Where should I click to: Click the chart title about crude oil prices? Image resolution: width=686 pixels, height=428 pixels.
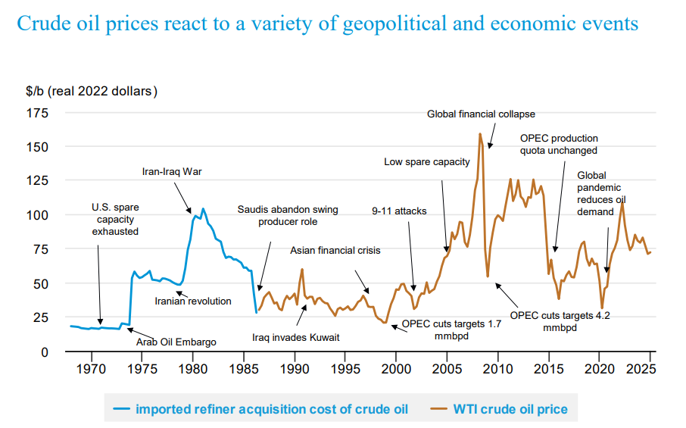point(327,23)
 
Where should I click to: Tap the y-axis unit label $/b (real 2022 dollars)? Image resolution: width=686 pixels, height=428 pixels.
point(92,91)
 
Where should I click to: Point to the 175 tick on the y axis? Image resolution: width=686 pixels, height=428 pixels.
point(38,113)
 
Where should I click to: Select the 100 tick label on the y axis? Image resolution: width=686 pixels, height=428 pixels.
point(38,215)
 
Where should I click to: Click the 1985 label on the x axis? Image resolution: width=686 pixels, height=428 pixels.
point(244,369)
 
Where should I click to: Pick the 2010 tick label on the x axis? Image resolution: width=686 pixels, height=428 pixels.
point(498,369)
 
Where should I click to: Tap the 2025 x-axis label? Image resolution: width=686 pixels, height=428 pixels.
point(641,369)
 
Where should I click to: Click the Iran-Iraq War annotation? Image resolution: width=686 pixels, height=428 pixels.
point(172,171)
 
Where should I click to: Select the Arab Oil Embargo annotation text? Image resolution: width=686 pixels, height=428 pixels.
point(176,342)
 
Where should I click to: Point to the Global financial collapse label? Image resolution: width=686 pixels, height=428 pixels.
point(481,114)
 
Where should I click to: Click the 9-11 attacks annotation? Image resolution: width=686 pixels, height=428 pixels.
point(399,211)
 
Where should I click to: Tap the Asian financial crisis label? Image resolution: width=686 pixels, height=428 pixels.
point(335,250)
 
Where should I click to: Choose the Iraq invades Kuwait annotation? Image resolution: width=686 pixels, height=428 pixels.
point(296,337)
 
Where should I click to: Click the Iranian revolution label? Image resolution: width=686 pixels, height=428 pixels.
point(193,301)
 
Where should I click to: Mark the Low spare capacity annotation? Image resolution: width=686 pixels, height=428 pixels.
point(426,162)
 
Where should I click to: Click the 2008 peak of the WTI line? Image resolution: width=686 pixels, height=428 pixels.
point(480,134)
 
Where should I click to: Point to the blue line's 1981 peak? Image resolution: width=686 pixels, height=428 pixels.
point(203,209)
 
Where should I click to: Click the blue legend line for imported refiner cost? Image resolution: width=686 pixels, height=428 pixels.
point(121,409)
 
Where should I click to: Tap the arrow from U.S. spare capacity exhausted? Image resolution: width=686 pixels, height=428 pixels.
point(99,285)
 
